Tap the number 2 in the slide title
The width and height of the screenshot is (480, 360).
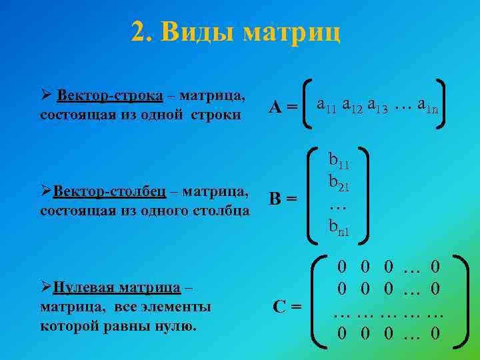tap(138, 31)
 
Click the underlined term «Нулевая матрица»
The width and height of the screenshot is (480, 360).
tap(117, 288)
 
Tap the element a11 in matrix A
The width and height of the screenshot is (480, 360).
tap(327, 105)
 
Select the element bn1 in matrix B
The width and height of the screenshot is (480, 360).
tap(339, 228)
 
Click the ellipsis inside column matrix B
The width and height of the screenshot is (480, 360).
tap(337, 206)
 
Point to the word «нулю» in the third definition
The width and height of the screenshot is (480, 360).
tap(178, 327)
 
